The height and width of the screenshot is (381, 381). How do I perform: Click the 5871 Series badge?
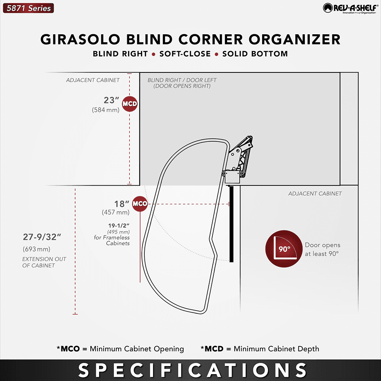[x=28, y=8]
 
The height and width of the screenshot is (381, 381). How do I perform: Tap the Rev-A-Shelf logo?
[x=351, y=8]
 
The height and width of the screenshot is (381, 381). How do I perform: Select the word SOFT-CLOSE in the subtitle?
[x=185, y=54]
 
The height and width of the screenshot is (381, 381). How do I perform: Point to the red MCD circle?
[x=130, y=104]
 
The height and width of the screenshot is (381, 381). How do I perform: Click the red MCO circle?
[x=140, y=204]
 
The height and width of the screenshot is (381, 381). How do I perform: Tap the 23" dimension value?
[x=112, y=100]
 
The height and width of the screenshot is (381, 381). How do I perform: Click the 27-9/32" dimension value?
[x=42, y=237]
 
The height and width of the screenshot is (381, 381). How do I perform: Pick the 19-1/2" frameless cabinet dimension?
[x=119, y=226]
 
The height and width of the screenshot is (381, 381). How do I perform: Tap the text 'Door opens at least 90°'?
[x=322, y=249]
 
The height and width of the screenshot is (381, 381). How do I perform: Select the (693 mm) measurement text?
[x=36, y=249]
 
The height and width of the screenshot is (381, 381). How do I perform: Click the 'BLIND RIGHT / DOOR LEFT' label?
[x=182, y=80]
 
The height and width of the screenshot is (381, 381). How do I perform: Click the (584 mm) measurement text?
[x=106, y=110]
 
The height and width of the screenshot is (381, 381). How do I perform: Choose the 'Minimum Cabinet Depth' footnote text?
[x=276, y=349]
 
